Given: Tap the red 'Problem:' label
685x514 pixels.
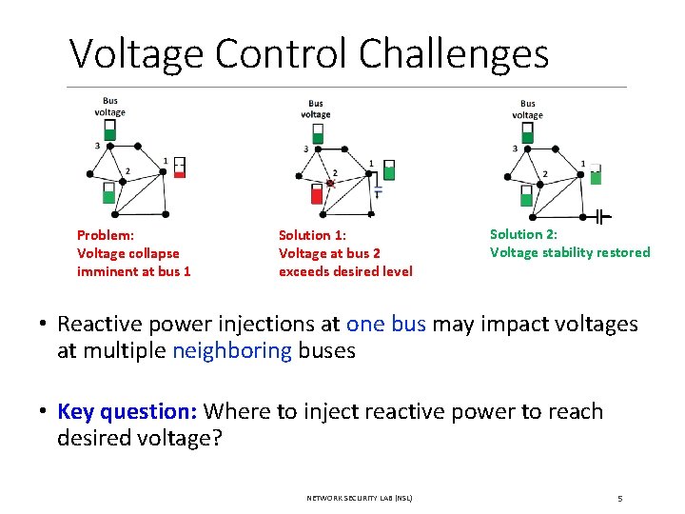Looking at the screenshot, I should [x=105, y=235].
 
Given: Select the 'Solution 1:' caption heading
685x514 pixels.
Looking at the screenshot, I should [x=312, y=235].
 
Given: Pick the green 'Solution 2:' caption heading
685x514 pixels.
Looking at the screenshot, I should [x=523, y=234].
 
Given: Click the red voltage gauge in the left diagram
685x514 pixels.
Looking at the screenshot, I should [x=180, y=168].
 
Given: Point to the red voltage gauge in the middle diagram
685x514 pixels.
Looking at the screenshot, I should [x=318, y=195].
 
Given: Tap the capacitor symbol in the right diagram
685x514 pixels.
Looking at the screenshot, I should [x=597, y=217].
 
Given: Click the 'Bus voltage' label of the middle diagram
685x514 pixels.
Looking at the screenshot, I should [x=316, y=109].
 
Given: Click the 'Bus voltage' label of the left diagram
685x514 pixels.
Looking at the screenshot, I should [x=109, y=107].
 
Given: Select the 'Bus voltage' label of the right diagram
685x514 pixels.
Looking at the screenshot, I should [x=527, y=109].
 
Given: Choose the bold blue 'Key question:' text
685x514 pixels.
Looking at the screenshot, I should [x=127, y=411].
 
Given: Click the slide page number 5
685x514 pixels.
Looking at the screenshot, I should [x=619, y=498].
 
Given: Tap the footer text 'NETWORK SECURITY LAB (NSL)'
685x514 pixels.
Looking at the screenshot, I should [x=360, y=498].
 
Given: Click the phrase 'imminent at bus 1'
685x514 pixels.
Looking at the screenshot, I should [x=133, y=271].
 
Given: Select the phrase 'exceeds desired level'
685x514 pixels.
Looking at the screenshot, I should [x=345, y=271].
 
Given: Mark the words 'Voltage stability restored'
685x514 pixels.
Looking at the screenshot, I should [x=570, y=252].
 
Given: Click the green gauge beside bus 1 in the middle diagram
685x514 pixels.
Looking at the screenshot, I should [x=388, y=170].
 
